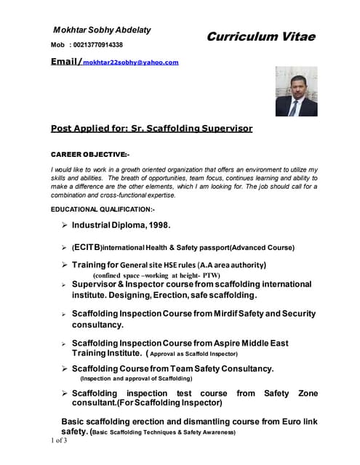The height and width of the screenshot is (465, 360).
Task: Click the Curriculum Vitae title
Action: tap(260, 36)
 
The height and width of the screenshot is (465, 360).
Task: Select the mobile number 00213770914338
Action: tap(103, 45)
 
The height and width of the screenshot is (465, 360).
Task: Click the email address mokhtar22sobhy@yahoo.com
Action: tap(131, 62)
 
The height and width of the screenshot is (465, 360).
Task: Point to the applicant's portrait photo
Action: tap(296, 92)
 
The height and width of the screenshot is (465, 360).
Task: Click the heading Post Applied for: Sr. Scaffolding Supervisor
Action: tap(151, 129)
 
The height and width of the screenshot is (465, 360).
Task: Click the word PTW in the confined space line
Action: tap(211, 275)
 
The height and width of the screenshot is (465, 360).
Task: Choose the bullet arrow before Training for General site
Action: tap(64, 264)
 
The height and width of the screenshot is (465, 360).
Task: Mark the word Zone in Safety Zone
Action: tap(308, 392)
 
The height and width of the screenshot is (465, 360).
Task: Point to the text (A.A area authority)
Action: tap(227, 265)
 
